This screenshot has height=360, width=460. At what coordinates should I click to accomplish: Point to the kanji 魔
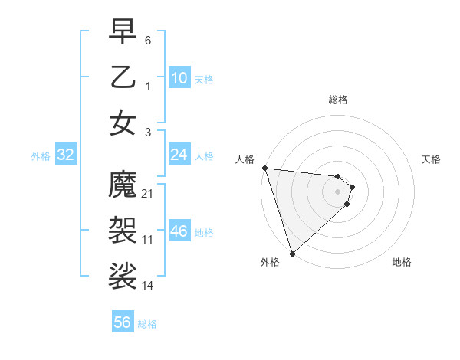pyautogui.click(x=123, y=183)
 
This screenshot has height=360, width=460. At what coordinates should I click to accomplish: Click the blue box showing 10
pyautogui.click(x=179, y=77)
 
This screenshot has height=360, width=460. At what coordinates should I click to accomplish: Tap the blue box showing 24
pyautogui.click(x=179, y=155)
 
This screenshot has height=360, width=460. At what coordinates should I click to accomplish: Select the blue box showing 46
pyautogui.click(x=179, y=231)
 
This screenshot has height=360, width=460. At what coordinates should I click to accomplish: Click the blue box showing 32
pyautogui.click(x=66, y=155)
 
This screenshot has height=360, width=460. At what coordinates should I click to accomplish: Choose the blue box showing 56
pyautogui.click(x=123, y=322)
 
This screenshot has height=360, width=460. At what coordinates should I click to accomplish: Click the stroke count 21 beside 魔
pyautogui.click(x=148, y=194)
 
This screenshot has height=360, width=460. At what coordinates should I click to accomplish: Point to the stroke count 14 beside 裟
pyautogui.click(x=148, y=285)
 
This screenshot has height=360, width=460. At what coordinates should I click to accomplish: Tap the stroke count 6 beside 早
pyautogui.click(x=148, y=38)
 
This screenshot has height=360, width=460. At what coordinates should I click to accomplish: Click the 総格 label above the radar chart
pyautogui.click(x=338, y=100)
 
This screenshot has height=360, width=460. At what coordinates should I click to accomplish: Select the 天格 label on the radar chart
pyautogui.click(x=432, y=159)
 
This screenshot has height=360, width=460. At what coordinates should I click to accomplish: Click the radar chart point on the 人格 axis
pyautogui.click(x=264, y=168)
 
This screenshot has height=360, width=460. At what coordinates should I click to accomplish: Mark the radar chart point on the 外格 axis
pyautogui.click(x=292, y=254)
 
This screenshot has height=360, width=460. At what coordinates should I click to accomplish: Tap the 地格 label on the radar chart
pyautogui.click(x=402, y=262)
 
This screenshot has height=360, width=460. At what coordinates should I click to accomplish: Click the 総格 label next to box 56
pyautogui.click(x=148, y=324)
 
